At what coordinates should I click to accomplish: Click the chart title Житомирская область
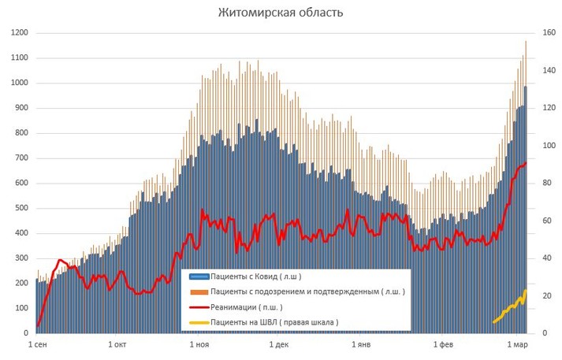pyautogui.click(x=281, y=13)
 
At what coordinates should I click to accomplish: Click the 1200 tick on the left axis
pyautogui.click(x=19, y=33)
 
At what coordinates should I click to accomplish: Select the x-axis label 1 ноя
pyautogui.click(x=199, y=345)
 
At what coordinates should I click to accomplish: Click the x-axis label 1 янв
pyautogui.click(x=361, y=345)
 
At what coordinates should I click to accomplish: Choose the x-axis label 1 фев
pyautogui.click(x=444, y=345)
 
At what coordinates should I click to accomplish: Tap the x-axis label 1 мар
pyautogui.click(x=518, y=345)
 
